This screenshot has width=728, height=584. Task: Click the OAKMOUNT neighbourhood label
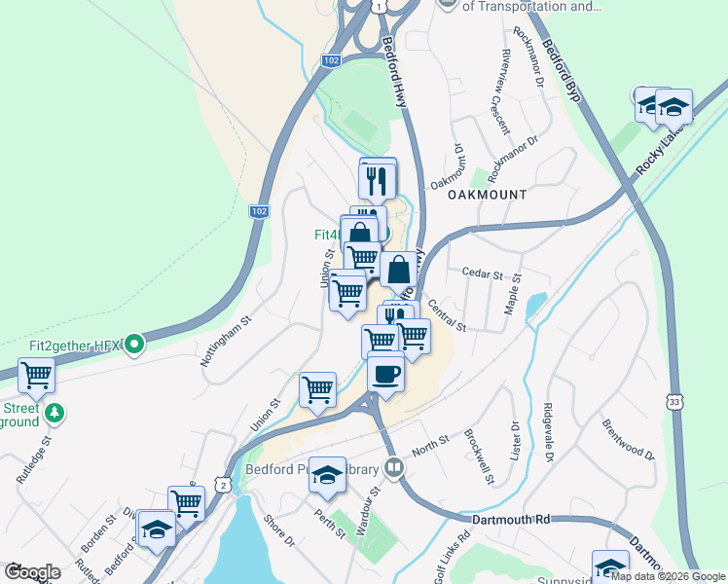pos(487,195)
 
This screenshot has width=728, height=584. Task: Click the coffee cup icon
pos(385,374)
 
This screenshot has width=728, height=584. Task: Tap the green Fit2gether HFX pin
pos(135,345)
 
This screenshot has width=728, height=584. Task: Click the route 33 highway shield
pos(673,400)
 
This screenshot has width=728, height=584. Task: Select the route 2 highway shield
pos(224,484)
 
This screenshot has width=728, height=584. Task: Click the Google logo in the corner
pos(32,571)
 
